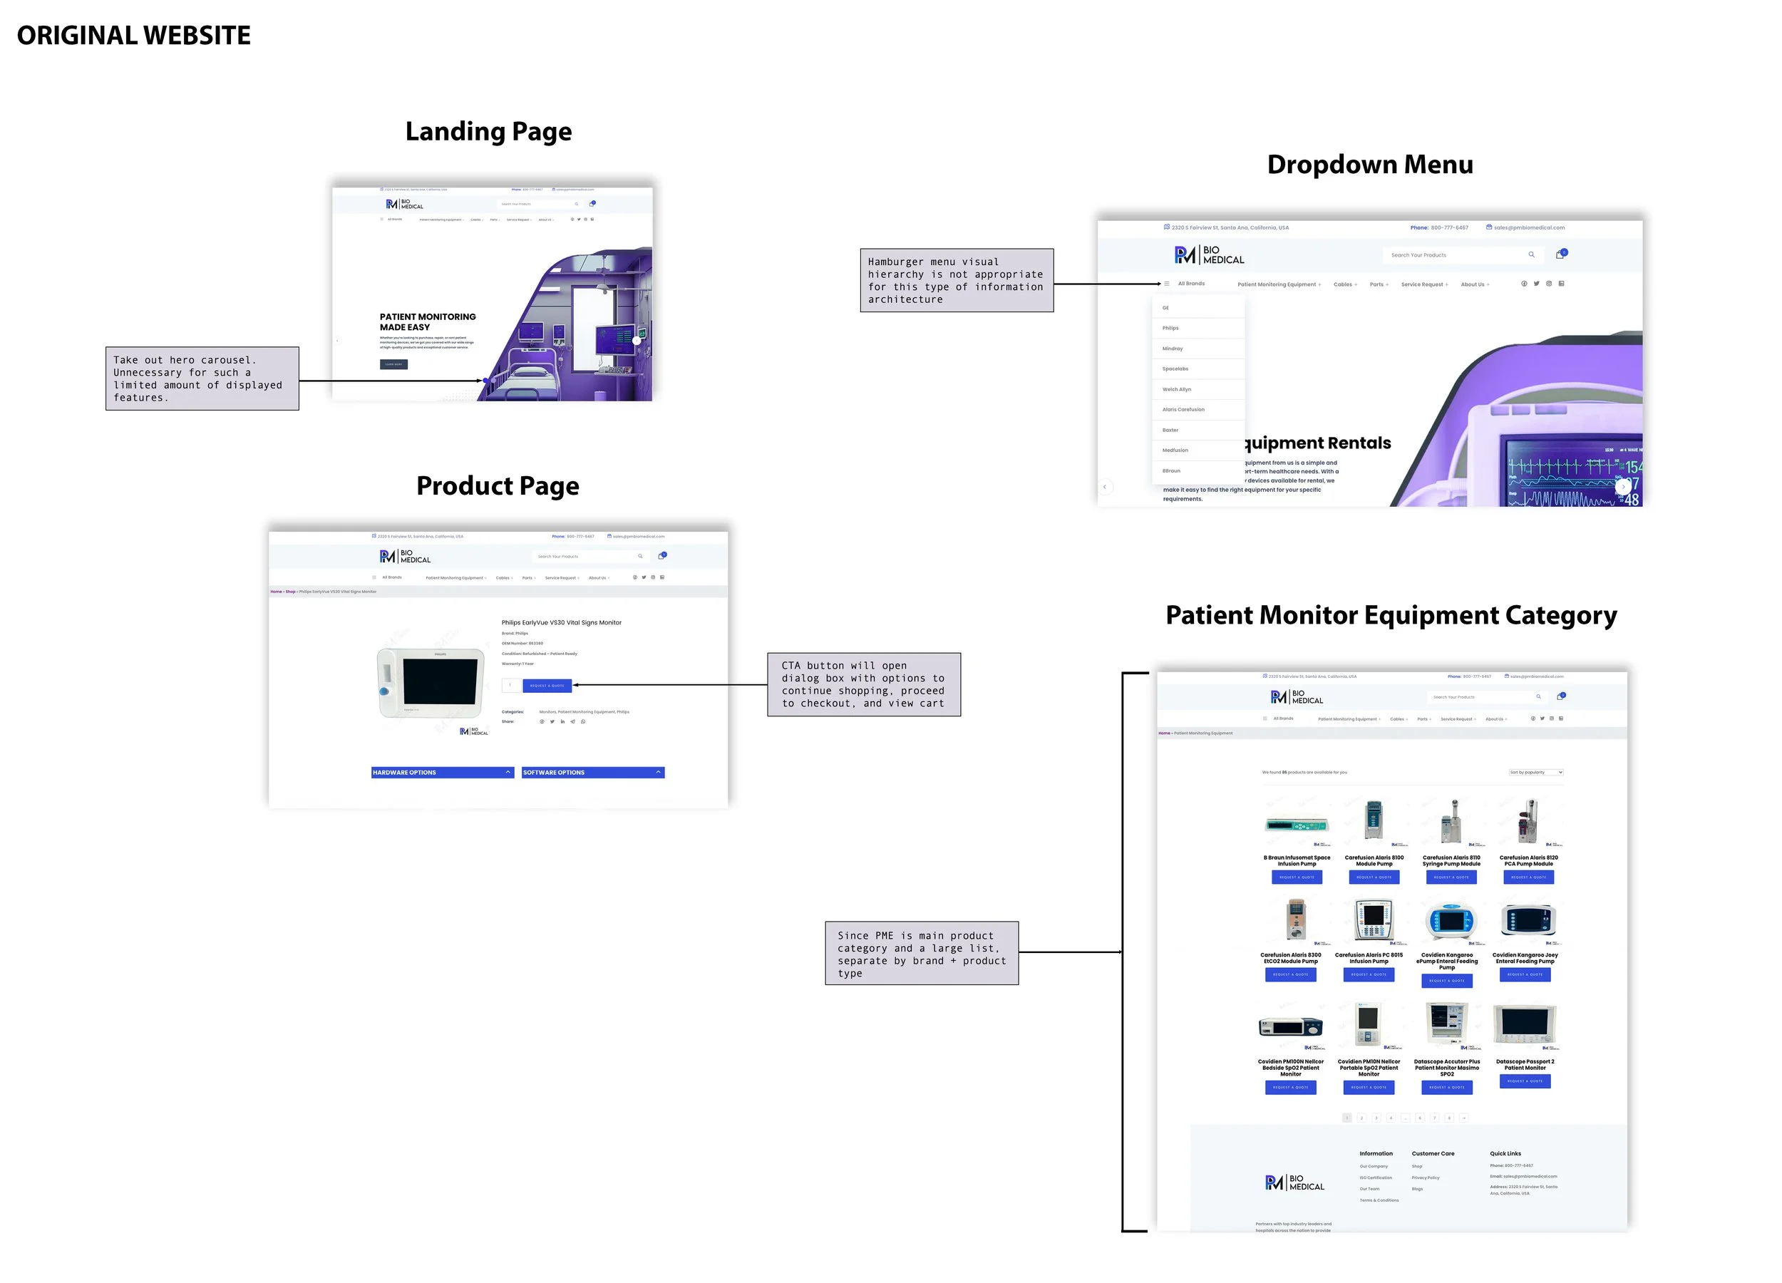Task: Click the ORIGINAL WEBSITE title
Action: pyautogui.click(x=133, y=36)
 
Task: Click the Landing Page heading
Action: pyautogui.click(x=488, y=131)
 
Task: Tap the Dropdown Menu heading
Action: pyautogui.click(x=1369, y=164)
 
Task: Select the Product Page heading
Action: pyautogui.click(x=498, y=485)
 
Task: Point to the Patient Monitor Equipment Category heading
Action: pyautogui.click(x=1391, y=614)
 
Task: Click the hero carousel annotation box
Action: pyautogui.click(x=202, y=378)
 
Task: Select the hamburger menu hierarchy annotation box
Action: pyautogui.click(x=956, y=281)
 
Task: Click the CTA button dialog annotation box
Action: pyautogui.click(x=863, y=684)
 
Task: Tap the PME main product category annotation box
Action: pyautogui.click(x=921, y=953)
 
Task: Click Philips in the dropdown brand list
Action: pyautogui.click(x=1170, y=328)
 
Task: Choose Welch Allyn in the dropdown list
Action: pyautogui.click(x=1176, y=389)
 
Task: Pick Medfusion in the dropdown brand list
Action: pyautogui.click(x=1175, y=450)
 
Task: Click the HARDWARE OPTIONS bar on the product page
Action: pyautogui.click(x=443, y=773)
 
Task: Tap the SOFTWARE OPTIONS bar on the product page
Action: pyautogui.click(x=592, y=773)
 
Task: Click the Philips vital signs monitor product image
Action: pyautogui.click(x=432, y=682)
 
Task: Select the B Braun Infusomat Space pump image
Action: pyautogui.click(x=1297, y=824)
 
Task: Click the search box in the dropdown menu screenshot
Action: pyautogui.click(x=1458, y=254)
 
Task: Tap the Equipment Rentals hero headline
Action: pyautogui.click(x=1318, y=443)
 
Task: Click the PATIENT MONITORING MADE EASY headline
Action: pyautogui.click(x=428, y=322)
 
